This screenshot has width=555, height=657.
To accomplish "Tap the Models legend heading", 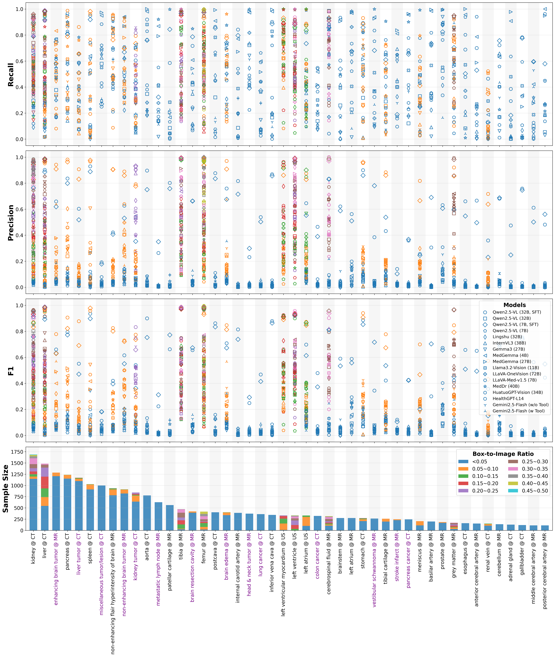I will [x=514, y=305].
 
